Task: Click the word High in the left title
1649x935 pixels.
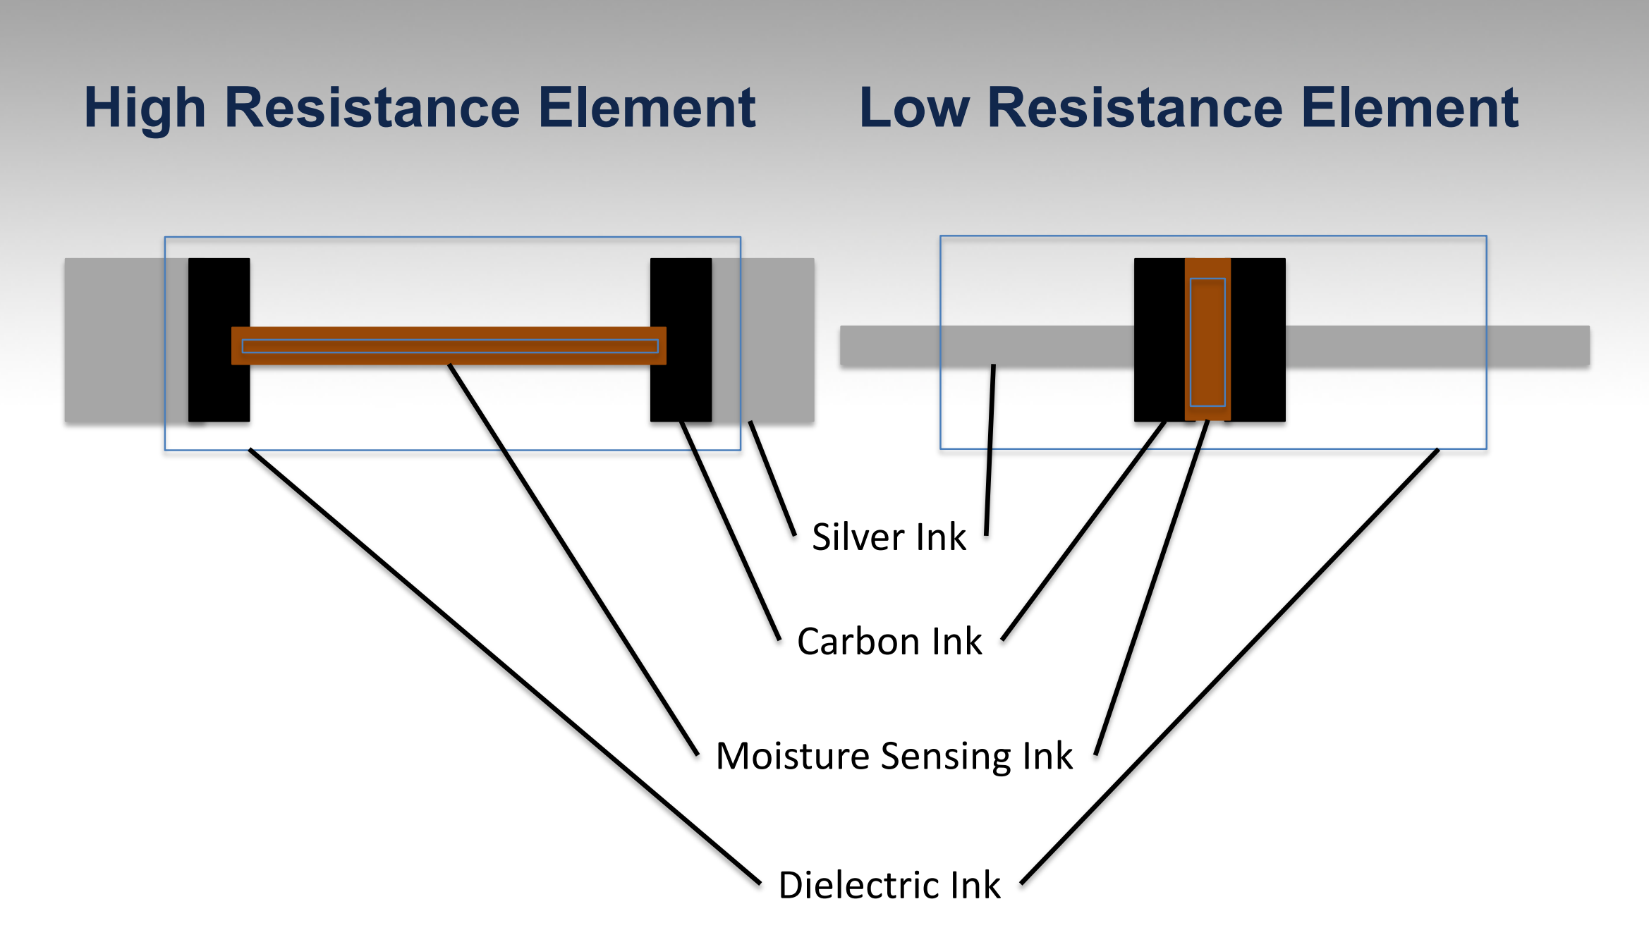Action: pyautogui.click(x=145, y=108)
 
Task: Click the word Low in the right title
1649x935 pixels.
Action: pyautogui.click(x=914, y=108)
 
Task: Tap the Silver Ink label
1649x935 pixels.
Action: pyautogui.click(x=889, y=537)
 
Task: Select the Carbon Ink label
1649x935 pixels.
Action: pyautogui.click(x=889, y=642)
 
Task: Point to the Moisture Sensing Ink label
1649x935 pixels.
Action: pyautogui.click(x=894, y=756)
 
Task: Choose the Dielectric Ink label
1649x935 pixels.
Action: pyautogui.click(x=889, y=885)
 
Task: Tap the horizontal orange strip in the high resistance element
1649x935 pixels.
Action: pyautogui.click(x=449, y=346)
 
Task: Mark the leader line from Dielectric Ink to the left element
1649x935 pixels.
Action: pyautogui.click(x=504, y=666)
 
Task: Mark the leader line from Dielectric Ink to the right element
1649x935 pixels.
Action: pyautogui.click(x=1229, y=666)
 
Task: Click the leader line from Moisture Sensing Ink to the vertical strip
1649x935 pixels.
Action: pyautogui.click(x=1152, y=587)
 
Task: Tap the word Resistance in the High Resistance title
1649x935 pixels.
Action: pyautogui.click(x=372, y=108)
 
